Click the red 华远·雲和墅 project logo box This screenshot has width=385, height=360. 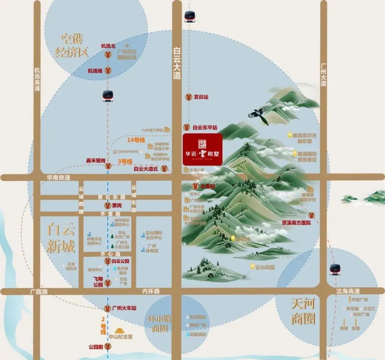point(202,149)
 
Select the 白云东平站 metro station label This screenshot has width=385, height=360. point(205,127)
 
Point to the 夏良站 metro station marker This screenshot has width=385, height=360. point(188,97)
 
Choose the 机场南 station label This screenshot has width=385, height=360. point(95,71)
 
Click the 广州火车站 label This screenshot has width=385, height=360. point(124,308)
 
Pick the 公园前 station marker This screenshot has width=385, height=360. point(108,346)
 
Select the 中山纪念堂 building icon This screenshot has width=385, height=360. point(119,330)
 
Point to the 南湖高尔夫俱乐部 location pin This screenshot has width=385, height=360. point(290,135)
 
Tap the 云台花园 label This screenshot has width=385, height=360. point(265,267)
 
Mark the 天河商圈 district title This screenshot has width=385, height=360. point(303,311)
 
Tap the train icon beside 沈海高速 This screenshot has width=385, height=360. point(335,270)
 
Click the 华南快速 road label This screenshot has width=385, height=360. point(58,177)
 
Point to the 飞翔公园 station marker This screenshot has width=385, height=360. point(108,283)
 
